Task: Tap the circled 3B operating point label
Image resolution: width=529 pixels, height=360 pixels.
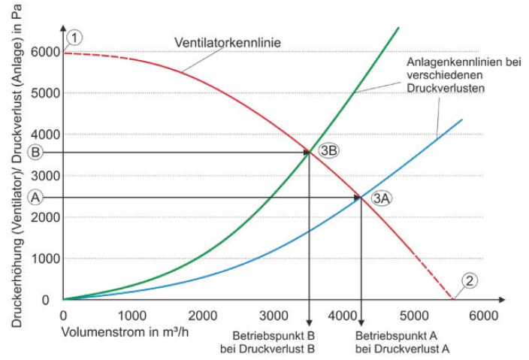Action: (x=328, y=150)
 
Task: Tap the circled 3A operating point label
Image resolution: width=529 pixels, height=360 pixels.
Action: (x=382, y=198)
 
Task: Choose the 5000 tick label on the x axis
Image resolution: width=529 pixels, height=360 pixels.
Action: (x=407, y=314)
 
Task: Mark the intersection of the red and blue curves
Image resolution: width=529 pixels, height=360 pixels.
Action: (x=361, y=198)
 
